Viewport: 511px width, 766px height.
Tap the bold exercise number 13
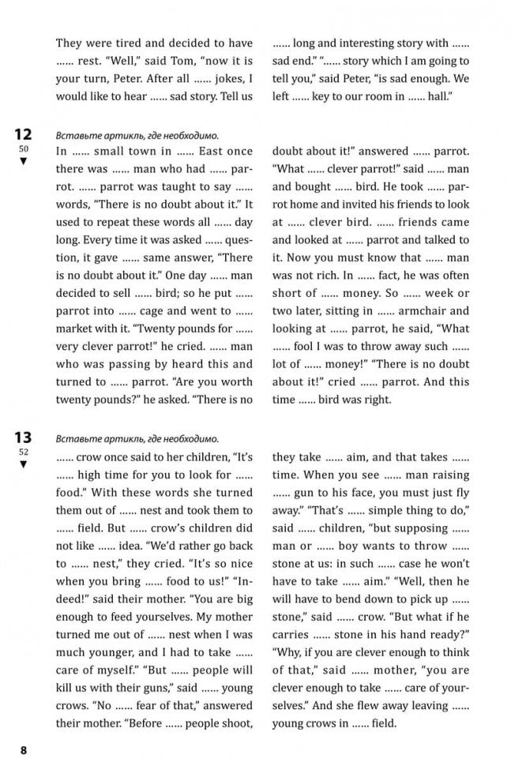(22, 437)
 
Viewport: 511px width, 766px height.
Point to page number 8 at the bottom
(24, 749)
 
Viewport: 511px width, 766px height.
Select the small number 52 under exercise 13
(23, 452)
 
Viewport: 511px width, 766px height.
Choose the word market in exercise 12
(78, 329)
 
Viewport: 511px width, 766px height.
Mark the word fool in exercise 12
(314, 347)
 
